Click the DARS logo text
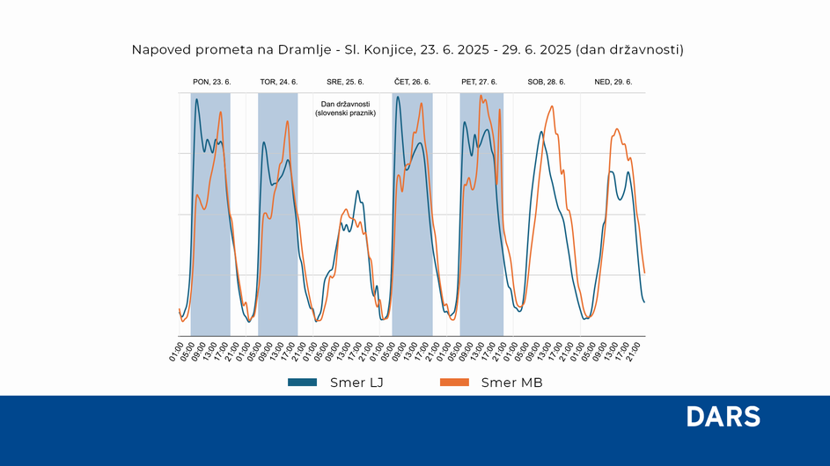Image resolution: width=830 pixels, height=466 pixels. [x=723, y=418]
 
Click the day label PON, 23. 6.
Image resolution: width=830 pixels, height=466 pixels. [x=211, y=82]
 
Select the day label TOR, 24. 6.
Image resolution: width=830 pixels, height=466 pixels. [x=278, y=82]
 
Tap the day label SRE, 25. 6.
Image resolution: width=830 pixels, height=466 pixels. [x=345, y=82]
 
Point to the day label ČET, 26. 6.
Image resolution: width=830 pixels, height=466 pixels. [x=412, y=82]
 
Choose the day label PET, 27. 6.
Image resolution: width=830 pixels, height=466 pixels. [x=479, y=82]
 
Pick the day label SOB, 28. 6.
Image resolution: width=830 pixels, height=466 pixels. [x=547, y=82]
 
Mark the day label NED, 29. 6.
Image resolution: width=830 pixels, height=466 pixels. [x=613, y=82]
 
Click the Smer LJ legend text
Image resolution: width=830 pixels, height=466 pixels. [x=356, y=382]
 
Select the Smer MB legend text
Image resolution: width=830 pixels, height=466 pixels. [x=511, y=382]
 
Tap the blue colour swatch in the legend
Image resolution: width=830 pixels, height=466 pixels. [x=302, y=382]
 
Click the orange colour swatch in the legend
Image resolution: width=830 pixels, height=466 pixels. [x=453, y=382]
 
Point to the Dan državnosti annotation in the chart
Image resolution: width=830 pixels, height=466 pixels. [x=345, y=108]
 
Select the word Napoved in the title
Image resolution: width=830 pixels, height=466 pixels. [x=159, y=49]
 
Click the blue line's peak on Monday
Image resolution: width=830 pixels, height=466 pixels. [x=196, y=99]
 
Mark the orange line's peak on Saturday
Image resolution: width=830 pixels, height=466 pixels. [x=552, y=106]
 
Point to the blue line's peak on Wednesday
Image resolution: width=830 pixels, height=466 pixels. [x=357, y=190]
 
